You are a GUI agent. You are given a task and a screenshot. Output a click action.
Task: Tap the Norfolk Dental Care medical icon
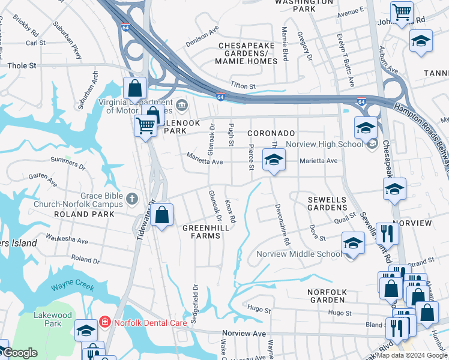click(105, 322)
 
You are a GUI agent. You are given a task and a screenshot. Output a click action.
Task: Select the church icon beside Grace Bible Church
click(132, 199)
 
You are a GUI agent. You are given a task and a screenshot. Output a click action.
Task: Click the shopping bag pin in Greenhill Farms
click(162, 215)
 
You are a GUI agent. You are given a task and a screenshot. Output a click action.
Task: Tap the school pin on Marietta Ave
click(274, 160)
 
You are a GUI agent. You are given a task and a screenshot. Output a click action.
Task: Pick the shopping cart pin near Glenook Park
click(145, 126)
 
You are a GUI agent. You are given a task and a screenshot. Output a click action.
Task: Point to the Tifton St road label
click(244, 86)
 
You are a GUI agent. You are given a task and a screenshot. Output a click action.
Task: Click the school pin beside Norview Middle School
click(353, 244)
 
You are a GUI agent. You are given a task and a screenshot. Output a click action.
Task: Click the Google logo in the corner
click(20, 353)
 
